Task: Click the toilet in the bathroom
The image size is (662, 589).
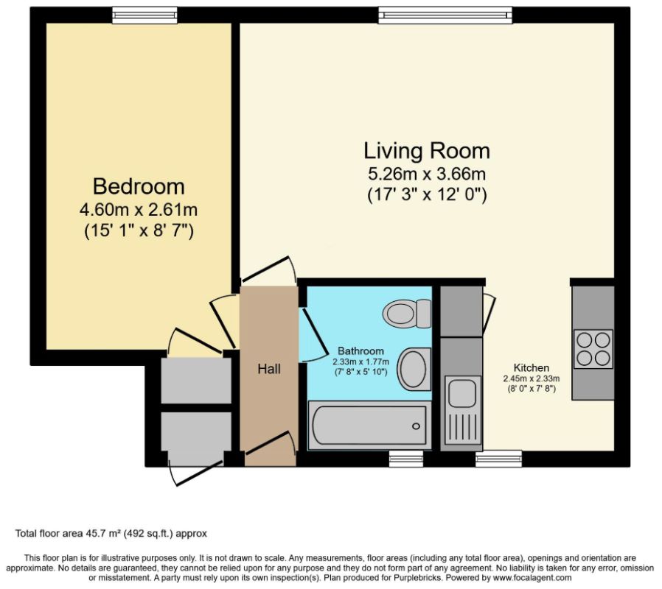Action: click(408, 314)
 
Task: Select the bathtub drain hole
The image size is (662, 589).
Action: click(417, 426)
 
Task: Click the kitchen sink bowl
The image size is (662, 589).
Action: click(462, 392)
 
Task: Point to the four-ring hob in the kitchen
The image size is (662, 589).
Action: click(593, 349)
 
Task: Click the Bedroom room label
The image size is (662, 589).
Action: click(139, 187)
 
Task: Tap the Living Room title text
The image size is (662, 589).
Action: click(427, 151)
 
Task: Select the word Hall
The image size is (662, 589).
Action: click(269, 370)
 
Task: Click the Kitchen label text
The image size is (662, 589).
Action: click(531, 367)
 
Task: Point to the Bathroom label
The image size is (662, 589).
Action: click(361, 350)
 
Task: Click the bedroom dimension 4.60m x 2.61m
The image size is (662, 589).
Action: click(139, 210)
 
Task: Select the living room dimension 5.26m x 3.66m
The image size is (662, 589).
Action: click(427, 174)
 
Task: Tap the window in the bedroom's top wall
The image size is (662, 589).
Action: click(144, 15)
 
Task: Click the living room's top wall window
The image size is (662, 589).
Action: click(445, 15)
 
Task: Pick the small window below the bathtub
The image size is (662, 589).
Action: click(406, 458)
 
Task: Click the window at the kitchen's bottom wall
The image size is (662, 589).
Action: click(498, 458)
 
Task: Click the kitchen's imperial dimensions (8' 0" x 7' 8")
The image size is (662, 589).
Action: click(531, 389)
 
